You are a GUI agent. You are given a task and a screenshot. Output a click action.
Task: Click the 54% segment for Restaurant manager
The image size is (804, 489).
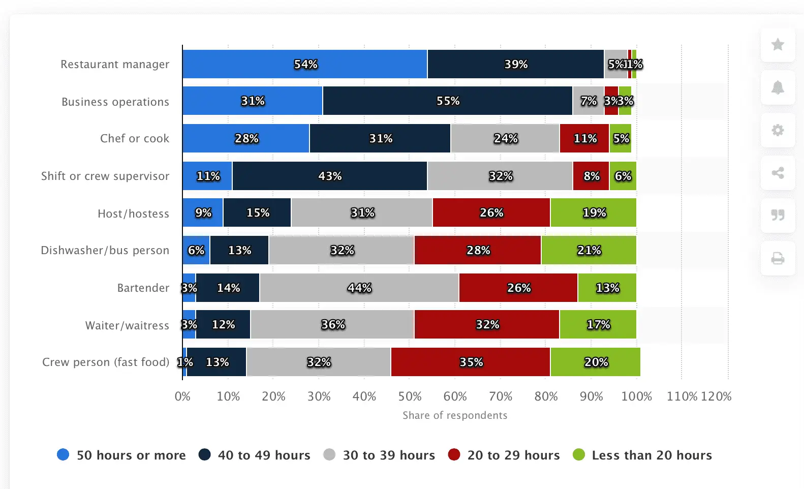pyautogui.click(x=305, y=64)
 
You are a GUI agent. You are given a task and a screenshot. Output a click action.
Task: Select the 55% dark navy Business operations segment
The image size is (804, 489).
pyautogui.click(x=447, y=101)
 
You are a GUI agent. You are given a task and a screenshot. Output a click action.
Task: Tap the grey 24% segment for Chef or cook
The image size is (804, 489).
pyautogui.click(x=505, y=138)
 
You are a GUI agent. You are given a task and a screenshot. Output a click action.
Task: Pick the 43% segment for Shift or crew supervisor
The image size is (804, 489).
pyautogui.click(x=329, y=176)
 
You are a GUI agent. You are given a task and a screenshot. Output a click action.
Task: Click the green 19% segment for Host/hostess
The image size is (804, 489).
pyautogui.click(x=593, y=212)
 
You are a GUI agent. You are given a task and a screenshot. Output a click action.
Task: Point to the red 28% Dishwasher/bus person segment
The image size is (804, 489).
pyautogui.click(x=478, y=250)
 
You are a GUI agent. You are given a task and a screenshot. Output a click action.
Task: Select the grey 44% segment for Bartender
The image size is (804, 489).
pyautogui.click(x=359, y=288)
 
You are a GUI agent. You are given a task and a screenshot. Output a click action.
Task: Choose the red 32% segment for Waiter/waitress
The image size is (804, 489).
pyautogui.click(x=487, y=324)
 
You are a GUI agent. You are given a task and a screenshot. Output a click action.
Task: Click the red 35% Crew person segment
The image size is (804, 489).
pyautogui.click(x=471, y=362)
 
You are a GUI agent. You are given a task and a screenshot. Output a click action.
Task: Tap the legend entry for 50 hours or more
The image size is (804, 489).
pyautogui.click(x=121, y=455)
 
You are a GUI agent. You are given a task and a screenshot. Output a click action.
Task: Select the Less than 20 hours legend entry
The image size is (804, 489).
pyautogui.click(x=642, y=455)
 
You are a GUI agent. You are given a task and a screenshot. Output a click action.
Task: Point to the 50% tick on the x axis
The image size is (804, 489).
pyautogui.click(x=410, y=396)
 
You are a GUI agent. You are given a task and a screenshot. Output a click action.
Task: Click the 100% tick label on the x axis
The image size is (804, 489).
pyautogui.click(x=636, y=396)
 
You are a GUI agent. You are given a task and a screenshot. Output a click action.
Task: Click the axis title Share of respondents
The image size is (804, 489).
pyautogui.click(x=455, y=415)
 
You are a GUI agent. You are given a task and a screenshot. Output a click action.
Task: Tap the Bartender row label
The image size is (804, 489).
pyautogui.click(x=143, y=288)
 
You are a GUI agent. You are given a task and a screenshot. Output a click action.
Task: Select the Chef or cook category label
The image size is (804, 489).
pyautogui.click(x=135, y=138)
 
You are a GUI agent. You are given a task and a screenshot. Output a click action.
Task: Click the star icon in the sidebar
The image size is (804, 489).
pyautogui.click(x=778, y=45)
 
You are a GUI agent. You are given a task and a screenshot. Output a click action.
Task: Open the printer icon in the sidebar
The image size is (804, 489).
pyautogui.click(x=778, y=258)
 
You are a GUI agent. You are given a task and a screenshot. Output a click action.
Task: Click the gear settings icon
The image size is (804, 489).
pyautogui.click(x=778, y=130)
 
